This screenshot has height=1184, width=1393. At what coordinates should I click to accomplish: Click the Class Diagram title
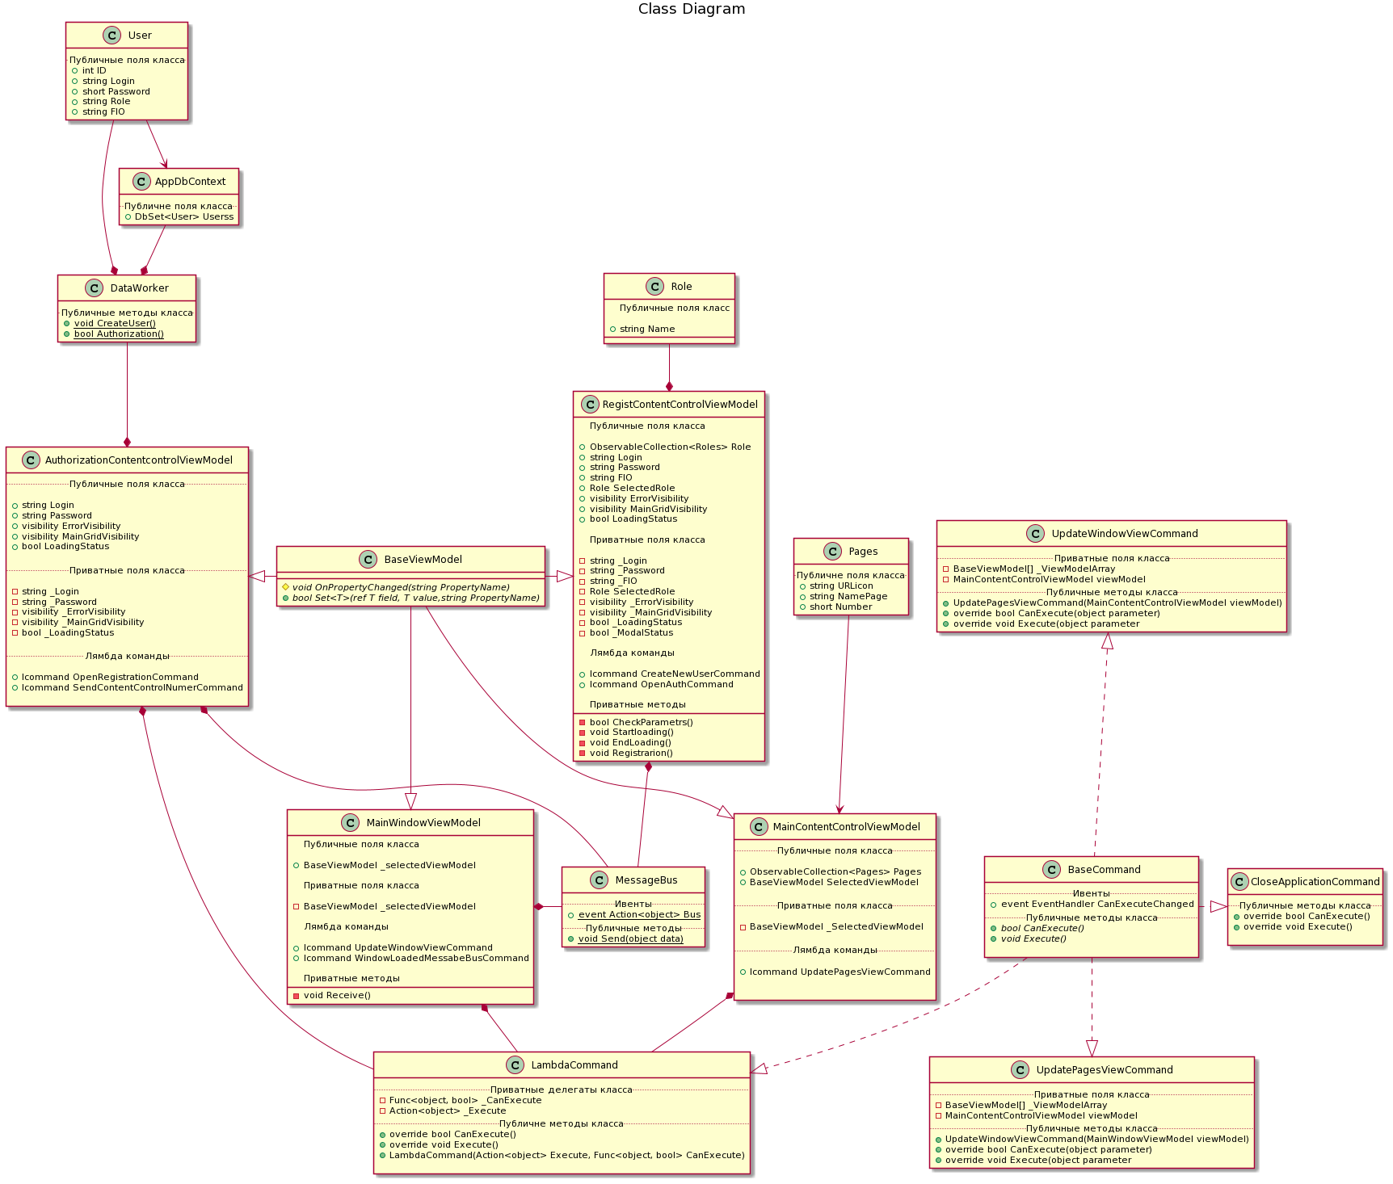[x=691, y=9]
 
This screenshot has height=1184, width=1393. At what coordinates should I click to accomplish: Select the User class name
[x=139, y=36]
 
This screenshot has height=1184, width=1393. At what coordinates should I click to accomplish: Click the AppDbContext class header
[x=190, y=182]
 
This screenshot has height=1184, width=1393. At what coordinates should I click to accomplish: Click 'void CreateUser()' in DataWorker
[x=115, y=323]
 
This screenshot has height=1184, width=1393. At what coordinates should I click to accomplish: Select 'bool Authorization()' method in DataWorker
[x=118, y=334]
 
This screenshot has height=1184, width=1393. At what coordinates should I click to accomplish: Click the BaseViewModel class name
[x=423, y=560]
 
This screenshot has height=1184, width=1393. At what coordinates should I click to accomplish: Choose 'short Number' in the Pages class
[x=840, y=607]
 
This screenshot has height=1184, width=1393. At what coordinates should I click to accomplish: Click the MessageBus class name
[x=646, y=880]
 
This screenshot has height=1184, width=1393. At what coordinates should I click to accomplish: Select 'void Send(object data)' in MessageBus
[x=630, y=938]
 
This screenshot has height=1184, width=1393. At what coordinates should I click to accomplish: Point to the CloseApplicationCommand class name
[x=1315, y=882]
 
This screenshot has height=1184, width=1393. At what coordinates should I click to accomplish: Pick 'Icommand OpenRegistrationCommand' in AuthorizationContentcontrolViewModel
[x=110, y=677]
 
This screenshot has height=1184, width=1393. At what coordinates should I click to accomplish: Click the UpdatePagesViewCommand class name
[x=1104, y=1070]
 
